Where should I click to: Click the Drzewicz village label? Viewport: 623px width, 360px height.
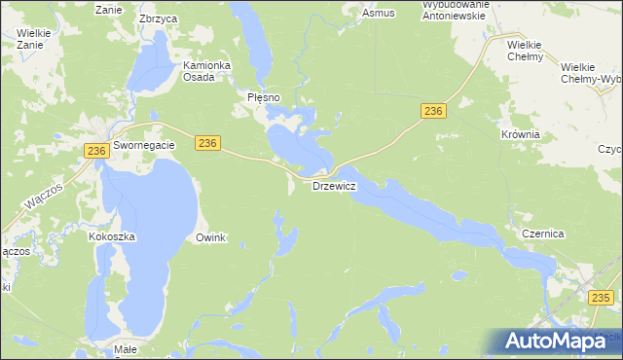point(334,185)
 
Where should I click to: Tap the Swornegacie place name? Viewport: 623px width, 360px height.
point(143,145)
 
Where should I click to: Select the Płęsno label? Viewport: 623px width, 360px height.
point(263,97)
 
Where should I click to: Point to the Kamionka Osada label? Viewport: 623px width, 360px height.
point(206,71)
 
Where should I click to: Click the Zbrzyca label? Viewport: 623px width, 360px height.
point(156,18)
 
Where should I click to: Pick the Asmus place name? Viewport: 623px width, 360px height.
point(378,14)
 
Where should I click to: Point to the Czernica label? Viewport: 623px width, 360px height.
point(543,234)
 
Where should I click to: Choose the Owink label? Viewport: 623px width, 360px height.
point(210,237)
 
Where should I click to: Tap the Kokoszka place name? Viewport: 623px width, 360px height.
point(111,236)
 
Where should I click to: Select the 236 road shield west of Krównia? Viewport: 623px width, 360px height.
point(433,112)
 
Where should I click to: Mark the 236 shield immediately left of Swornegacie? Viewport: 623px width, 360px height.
point(95,151)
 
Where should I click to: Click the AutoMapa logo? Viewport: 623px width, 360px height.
point(560,340)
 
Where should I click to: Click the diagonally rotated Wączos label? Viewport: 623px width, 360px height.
point(44,198)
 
